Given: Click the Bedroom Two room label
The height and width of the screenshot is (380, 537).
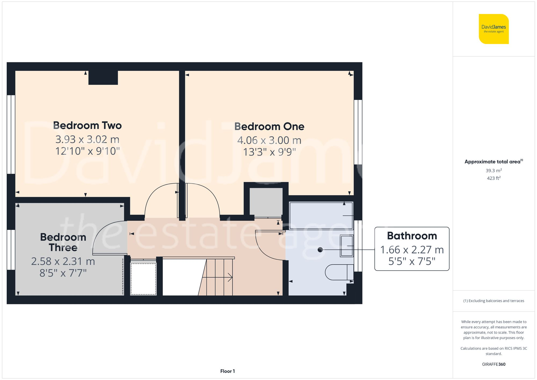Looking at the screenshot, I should (87, 125).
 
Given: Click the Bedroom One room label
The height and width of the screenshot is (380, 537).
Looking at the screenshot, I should (269, 126).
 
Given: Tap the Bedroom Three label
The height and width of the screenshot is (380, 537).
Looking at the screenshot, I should (63, 242).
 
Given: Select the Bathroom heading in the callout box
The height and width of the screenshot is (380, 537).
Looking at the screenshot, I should (412, 236).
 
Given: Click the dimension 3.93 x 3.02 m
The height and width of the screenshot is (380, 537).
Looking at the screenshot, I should (87, 139).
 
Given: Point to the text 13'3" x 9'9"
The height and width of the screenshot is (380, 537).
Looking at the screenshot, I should (269, 152).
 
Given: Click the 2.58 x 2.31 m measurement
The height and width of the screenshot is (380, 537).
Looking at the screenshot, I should (63, 261).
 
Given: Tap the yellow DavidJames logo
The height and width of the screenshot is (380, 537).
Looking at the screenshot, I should (494, 29).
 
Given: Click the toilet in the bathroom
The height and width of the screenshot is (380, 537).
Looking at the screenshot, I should (339, 272).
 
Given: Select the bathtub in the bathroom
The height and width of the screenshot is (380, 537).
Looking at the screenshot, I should (321, 215).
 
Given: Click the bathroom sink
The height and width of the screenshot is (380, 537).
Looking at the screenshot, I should (347, 246).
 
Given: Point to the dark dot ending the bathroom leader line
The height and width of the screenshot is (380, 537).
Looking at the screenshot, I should (320, 250).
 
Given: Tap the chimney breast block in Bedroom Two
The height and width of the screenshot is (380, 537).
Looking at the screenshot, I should (103, 78).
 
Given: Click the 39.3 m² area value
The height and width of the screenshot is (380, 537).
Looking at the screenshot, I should (494, 171).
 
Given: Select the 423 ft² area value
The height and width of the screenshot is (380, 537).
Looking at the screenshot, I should (494, 178).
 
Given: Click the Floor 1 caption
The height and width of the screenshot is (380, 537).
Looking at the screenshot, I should (227, 371).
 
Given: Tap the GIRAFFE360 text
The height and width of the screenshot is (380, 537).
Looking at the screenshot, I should (494, 364).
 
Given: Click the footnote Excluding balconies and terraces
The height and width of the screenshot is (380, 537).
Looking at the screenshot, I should (494, 301).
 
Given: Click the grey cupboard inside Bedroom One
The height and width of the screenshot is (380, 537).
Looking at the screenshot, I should (266, 201).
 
